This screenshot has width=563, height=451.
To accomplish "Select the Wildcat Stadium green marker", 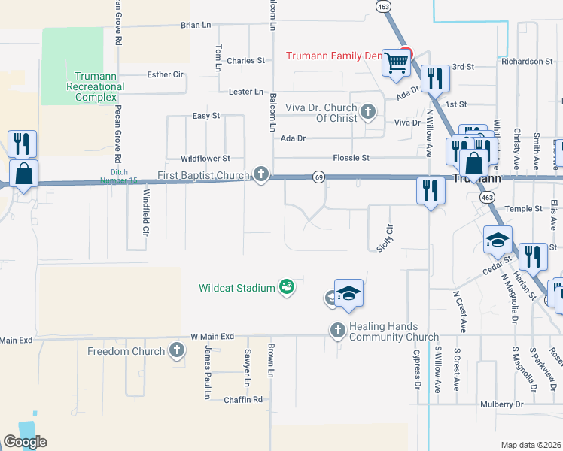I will [x=286, y=287].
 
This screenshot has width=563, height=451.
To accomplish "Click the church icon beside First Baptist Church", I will [x=261, y=175].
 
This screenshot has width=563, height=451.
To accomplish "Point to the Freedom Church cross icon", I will [x=176, y=350].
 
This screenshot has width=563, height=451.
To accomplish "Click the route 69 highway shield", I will [x=319, y=177].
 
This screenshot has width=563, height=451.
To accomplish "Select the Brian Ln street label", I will [x=196, y=25].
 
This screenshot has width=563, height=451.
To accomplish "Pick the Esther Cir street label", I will [x=166, y=74].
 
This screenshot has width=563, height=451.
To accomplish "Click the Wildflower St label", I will [x=205, y=159].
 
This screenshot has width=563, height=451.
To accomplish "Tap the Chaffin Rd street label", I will [x=243, y=400].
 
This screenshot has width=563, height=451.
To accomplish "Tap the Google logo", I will [x=25, y=442].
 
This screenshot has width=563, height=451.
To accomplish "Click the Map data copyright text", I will [x=531, y=445].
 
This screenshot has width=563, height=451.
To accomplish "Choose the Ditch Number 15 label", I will [x=120, y=180].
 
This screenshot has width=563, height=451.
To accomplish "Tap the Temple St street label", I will [x=523, y=208].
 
